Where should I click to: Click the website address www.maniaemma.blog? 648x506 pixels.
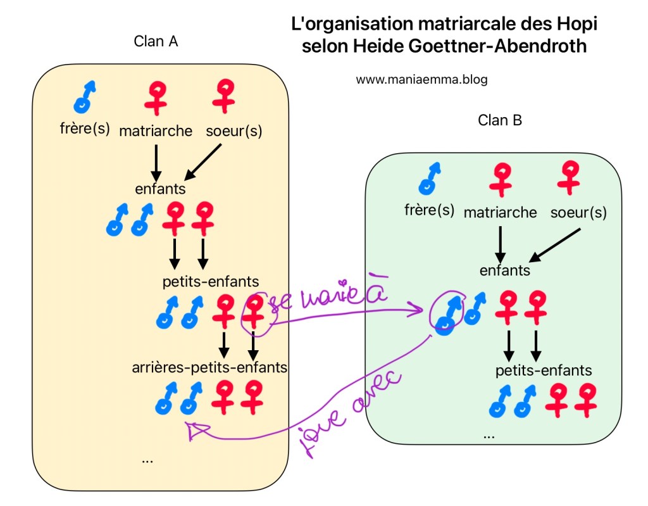421,80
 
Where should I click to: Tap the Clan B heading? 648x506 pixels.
499,120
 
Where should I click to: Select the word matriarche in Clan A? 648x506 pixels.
156,131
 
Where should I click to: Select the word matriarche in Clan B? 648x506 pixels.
500,212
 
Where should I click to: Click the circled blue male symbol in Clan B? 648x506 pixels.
447,312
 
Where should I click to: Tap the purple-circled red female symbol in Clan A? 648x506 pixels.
254,312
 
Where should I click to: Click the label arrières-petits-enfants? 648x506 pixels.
209,367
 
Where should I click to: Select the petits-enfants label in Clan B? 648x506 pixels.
544,370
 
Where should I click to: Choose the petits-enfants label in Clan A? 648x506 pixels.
211,281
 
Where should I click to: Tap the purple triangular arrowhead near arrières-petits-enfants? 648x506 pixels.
196,430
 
